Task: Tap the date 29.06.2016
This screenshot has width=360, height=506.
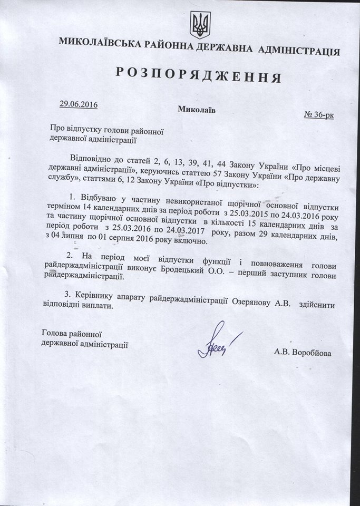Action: pyautogui.click(x=78, y=104)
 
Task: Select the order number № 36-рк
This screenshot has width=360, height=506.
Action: pyautogui.click(x=319, y=114)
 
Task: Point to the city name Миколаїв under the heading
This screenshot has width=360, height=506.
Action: pyautogui.click(x=196, y=110)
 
